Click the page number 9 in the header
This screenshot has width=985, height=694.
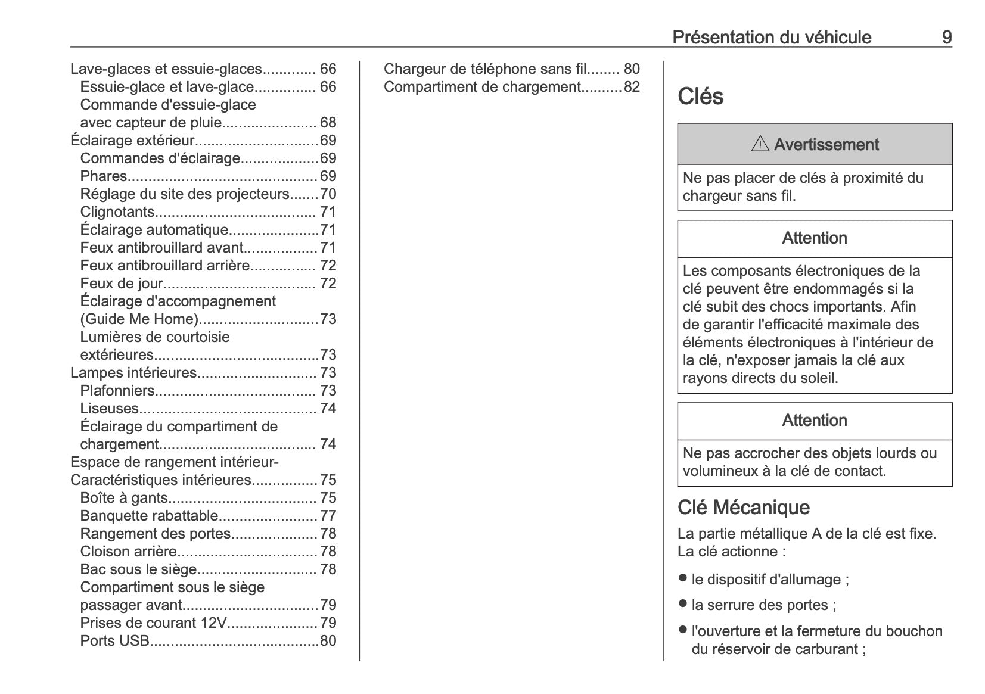coord(946,38)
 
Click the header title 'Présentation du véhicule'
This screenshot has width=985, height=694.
coord(772,38)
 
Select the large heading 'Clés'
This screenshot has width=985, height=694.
coord(700,97)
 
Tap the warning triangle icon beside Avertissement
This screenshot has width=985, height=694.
coord(760,144)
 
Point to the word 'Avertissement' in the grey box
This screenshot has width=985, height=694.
coord(826,145)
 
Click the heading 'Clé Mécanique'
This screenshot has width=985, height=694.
coord(743,508)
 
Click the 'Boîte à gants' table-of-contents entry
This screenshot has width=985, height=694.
coord(124,498)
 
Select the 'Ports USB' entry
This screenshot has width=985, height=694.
coord(114,641)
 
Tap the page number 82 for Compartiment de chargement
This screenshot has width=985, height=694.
coord(632,87)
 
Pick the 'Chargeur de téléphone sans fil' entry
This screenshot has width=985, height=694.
coord(485,69)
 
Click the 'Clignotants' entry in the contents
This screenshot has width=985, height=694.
coord(117,212)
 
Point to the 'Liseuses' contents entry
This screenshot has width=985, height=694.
coord(109,409)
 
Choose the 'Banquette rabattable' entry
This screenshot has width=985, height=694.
coord(149,516)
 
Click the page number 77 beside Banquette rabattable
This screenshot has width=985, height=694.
coord(328,516)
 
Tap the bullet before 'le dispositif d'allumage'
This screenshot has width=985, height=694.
coord(683,578)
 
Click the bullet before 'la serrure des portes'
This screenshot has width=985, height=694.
coord(683,604)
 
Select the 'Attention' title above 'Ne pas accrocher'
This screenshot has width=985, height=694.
coord(814,421)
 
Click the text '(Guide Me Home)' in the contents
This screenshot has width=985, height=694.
coord(139,319)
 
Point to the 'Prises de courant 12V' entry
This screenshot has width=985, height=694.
coord(154,623)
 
